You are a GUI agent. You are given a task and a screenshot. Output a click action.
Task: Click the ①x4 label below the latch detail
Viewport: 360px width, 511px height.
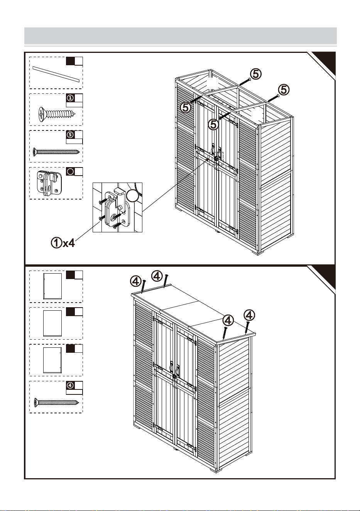click(63, 243)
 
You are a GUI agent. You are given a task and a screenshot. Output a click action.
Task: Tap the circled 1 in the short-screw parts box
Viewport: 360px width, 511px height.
click(70, 98)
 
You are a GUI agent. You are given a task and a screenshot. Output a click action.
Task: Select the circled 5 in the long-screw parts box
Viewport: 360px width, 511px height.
click(70, 135)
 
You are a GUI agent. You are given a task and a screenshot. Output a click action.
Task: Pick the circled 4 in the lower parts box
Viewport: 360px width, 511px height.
click(70, 385)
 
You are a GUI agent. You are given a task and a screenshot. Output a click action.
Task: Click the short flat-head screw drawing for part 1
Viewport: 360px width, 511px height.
click(57, 114)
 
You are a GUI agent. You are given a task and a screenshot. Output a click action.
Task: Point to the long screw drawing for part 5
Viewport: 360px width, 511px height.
click(56, 152)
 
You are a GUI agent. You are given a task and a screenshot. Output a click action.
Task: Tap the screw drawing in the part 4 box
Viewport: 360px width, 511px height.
click(56, 403)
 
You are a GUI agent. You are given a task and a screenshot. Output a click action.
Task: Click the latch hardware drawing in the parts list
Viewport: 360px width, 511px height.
click(49, 183)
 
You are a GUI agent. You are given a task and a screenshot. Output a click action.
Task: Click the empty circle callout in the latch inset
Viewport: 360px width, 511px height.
click(133, 196)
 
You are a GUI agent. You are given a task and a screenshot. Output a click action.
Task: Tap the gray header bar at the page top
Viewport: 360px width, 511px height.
click(181, 36)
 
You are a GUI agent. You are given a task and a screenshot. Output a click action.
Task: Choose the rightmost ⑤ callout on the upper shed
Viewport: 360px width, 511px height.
click(284, 90)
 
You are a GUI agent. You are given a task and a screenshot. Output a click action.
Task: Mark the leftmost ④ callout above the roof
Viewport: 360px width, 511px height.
click(135, 281)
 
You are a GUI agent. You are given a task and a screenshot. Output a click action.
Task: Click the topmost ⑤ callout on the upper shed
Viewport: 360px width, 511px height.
click(256, 74)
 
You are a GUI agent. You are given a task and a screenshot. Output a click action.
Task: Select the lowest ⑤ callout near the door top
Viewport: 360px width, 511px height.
click(213, 125)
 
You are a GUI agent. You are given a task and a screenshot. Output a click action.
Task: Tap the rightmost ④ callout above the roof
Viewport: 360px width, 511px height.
click(249, 315)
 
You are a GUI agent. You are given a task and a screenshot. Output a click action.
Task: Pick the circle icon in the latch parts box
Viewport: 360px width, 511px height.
click(70, 171)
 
